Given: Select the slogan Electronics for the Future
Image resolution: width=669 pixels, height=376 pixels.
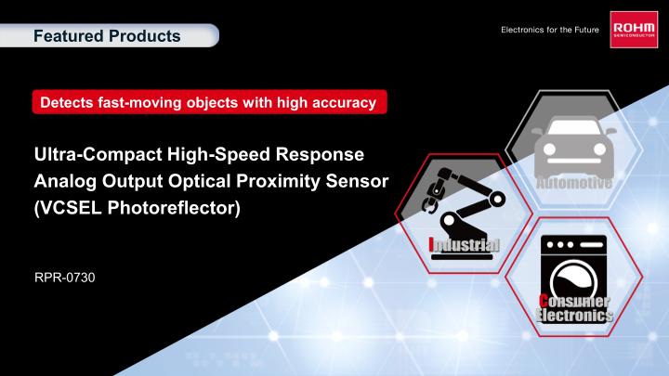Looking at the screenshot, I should click(x=549, y=32).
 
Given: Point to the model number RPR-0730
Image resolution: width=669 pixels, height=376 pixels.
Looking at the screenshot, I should click(x=54, y=278).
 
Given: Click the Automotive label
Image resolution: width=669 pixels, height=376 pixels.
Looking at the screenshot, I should click(x=572, y=182).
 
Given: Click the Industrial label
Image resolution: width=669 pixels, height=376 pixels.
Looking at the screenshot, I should click(x=464, y=244).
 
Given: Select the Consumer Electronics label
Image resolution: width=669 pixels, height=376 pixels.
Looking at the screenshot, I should click(x=575, y=308).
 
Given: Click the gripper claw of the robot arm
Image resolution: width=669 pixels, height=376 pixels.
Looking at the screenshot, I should click(x=432, y=198).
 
